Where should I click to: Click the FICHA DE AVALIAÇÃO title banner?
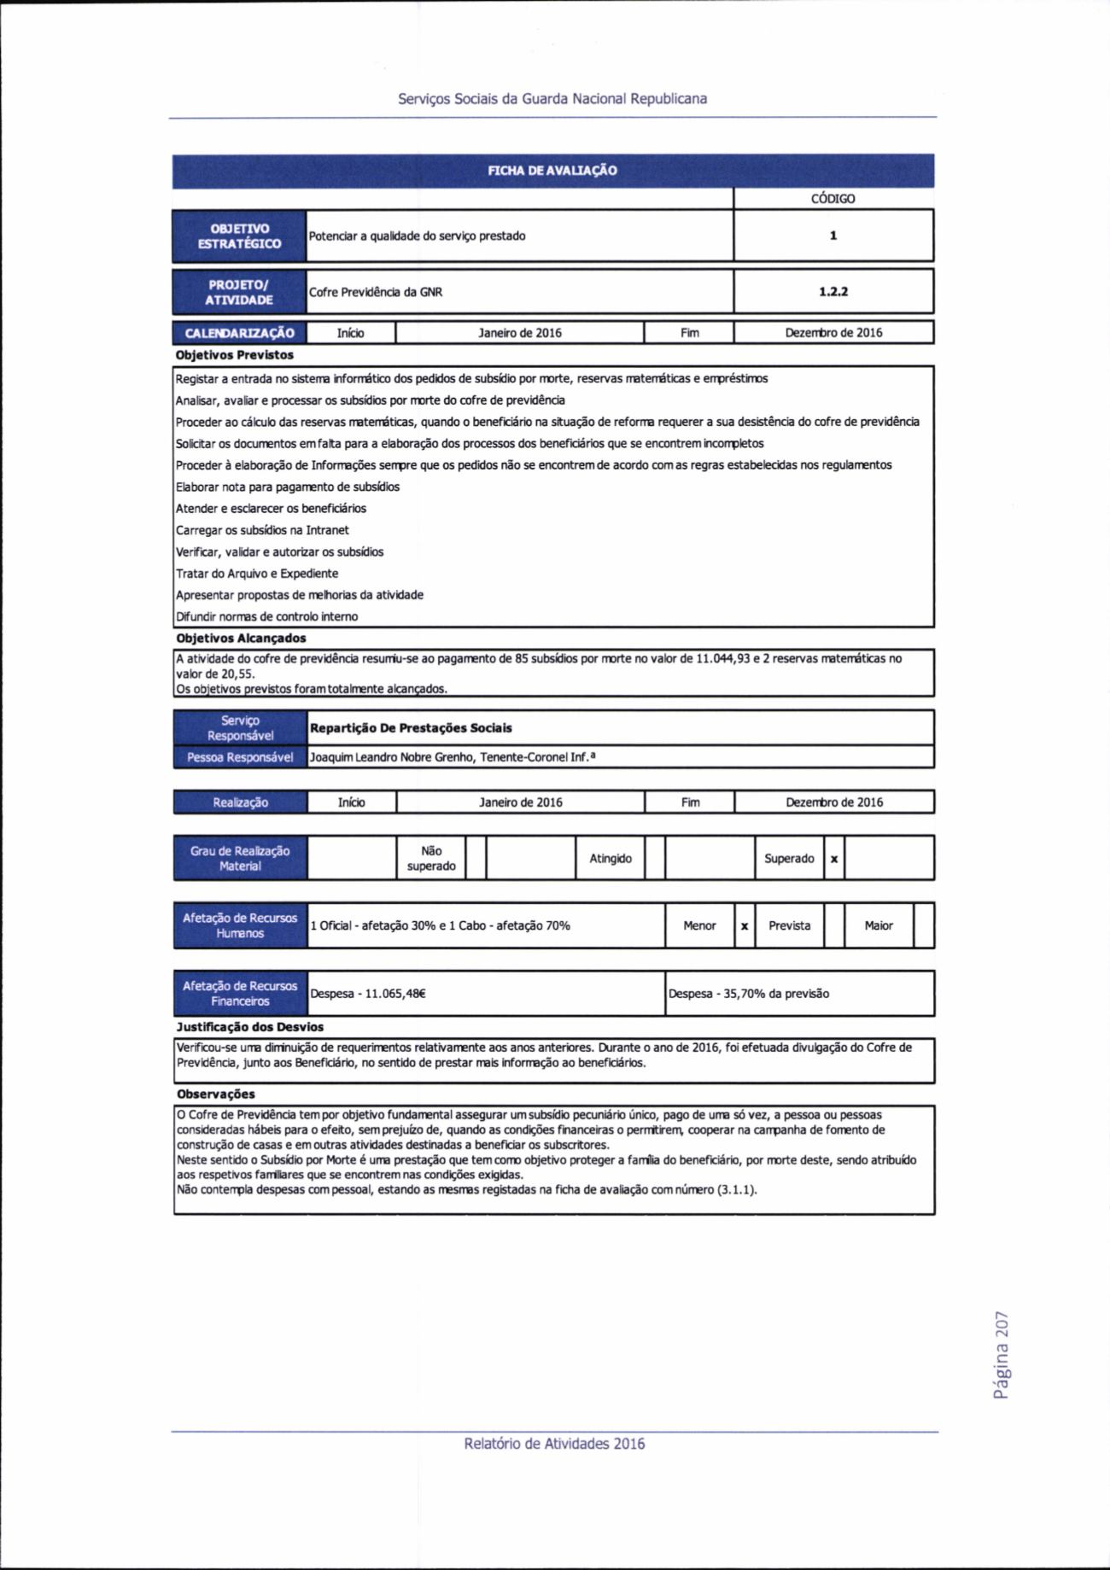pos(552,171)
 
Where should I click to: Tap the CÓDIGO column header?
pos(832,199)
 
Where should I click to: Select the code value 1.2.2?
pos(832,291)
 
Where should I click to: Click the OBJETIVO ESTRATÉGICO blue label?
pos(239,236)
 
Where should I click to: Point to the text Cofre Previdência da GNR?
pos(376,292)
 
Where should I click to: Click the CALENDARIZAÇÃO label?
pos(239,333)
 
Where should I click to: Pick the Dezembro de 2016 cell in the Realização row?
pos(834,803)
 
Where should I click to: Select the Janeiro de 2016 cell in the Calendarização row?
pos(520,333)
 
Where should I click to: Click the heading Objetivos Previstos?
pos(235,354)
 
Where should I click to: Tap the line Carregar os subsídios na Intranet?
pos(262,530)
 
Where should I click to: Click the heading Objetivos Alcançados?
pos(241,638)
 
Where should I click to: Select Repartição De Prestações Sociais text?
pos(411,728)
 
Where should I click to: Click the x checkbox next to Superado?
pos(834,859)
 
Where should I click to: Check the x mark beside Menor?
pos(745,926)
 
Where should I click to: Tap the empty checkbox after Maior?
pos(923,926)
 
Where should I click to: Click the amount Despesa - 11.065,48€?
pos(368,994)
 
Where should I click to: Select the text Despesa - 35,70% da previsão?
pos(749,994)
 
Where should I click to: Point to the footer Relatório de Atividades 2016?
pos(554,1444)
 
